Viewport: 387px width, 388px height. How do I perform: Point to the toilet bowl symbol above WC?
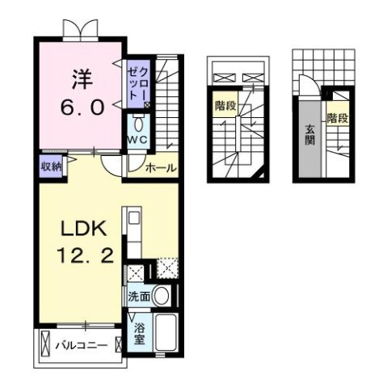(x=139, y=124)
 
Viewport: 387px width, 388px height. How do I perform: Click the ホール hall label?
(x=161, y=168)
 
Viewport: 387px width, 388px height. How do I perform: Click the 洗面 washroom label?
(x=139, y=297)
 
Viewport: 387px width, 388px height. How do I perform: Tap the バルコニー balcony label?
(x=80, y=346)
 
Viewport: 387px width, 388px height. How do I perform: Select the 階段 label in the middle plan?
(x=225, y=106)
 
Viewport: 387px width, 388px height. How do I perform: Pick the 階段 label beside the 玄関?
(x=337, y=119)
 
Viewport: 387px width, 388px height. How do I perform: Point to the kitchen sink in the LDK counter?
(x=133, y=218)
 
